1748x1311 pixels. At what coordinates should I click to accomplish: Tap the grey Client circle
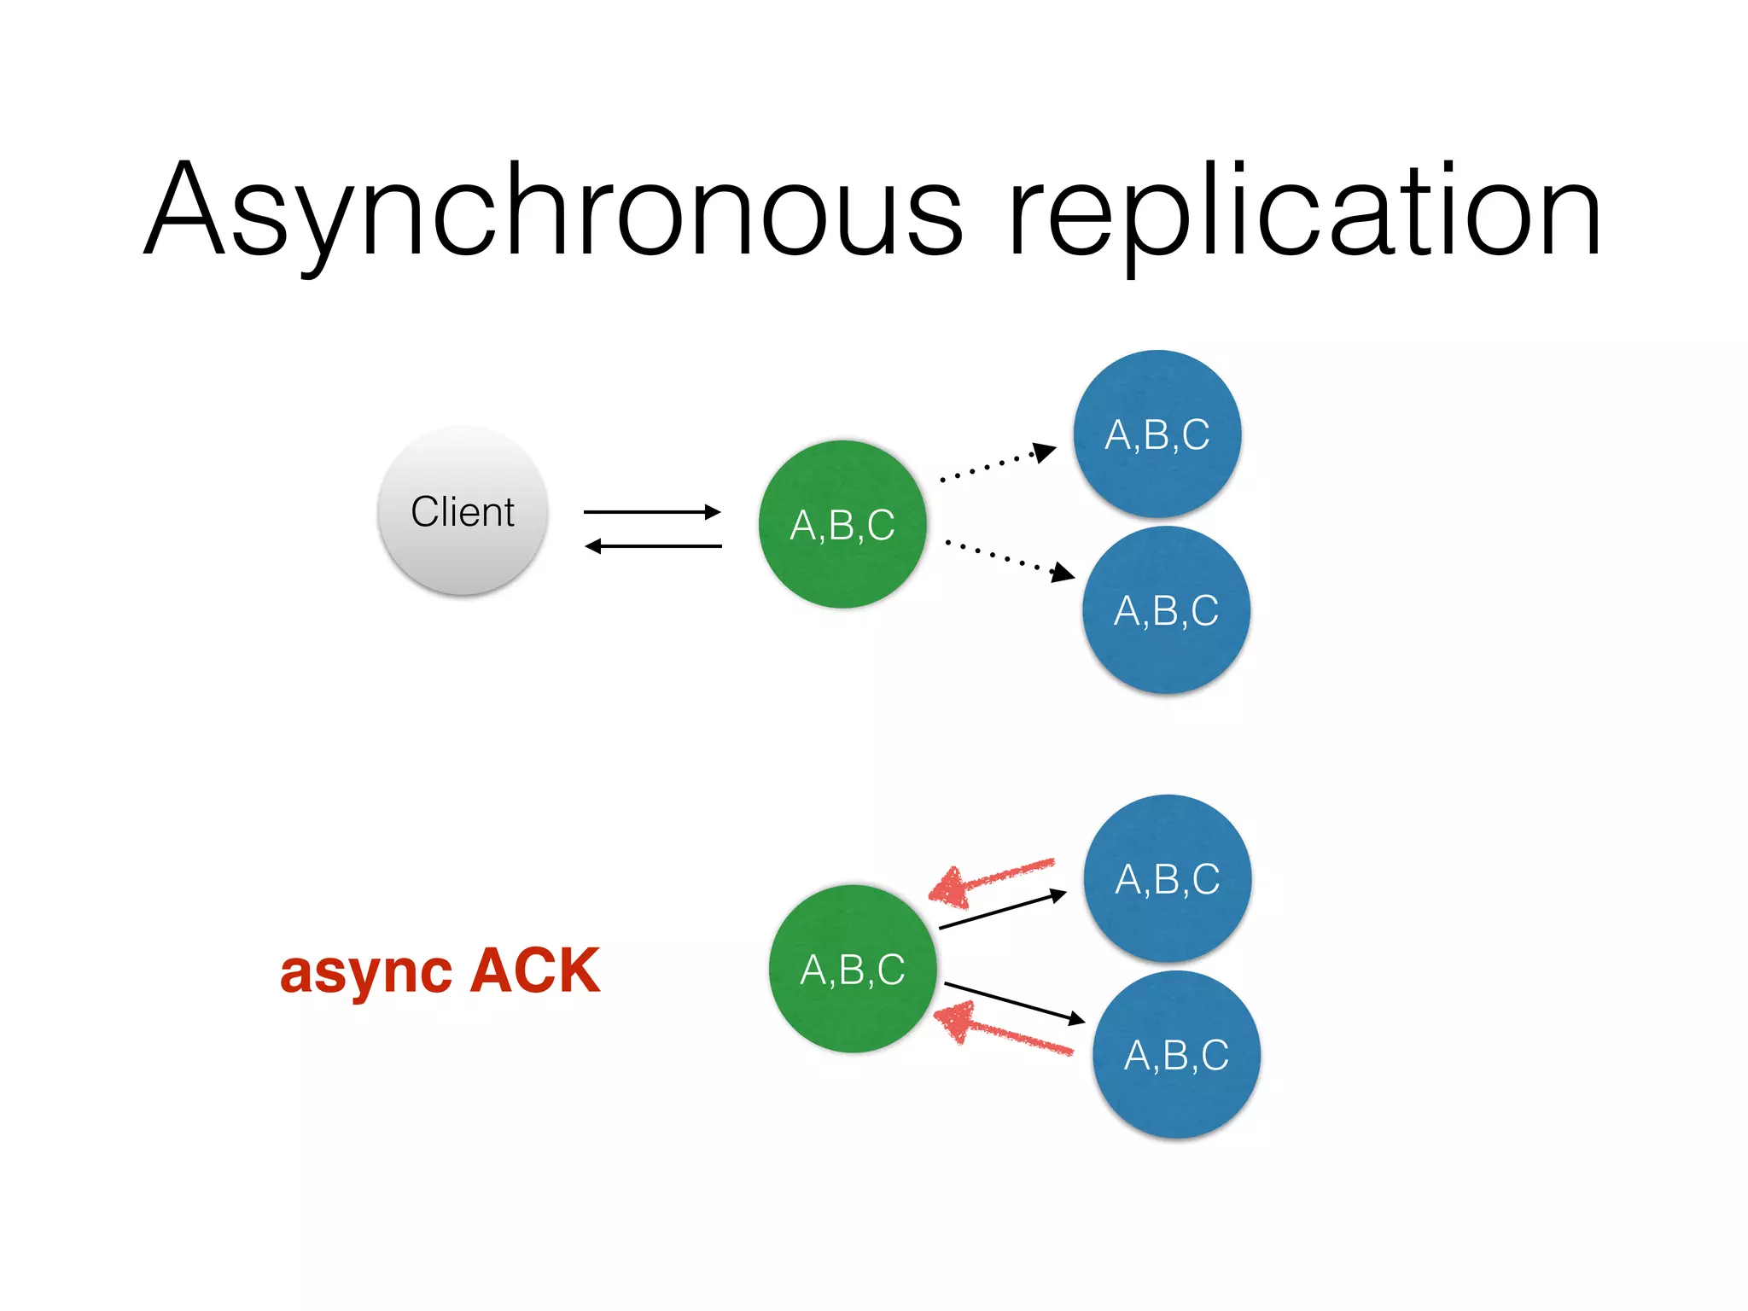pos(463,511)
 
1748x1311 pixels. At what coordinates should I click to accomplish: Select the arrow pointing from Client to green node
pos(652,512)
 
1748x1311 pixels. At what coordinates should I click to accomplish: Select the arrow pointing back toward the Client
pos(652,546)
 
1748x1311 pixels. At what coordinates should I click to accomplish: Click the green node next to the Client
pos(842,524)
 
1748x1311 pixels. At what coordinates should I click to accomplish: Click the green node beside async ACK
pos(853,969)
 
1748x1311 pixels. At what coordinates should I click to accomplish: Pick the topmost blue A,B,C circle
pos(1157,434)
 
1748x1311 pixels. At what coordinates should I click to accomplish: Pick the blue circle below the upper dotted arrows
pos(1166,610)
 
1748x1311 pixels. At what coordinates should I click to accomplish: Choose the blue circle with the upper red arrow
pos(1168,878)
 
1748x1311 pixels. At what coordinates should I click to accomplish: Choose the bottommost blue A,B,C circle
pos(1176,1055)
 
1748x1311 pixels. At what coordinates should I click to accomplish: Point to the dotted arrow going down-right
pos(1007,559)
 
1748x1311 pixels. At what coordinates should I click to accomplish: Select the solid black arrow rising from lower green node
pos(1002,911)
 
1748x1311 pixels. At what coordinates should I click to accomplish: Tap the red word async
pos(366,973)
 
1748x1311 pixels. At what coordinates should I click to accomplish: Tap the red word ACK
pos(535,970)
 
